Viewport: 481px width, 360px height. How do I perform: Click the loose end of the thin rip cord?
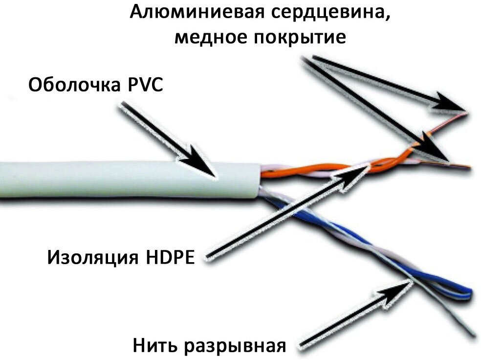point(473,335)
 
